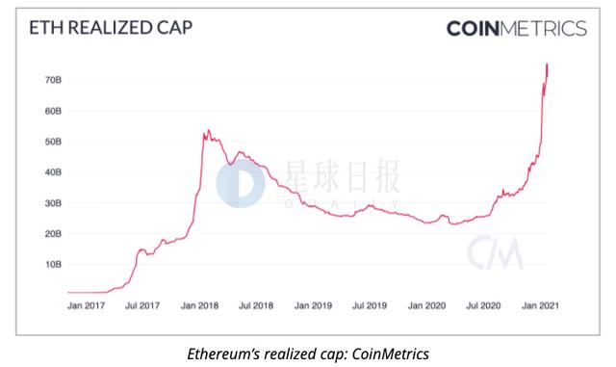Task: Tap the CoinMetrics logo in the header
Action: click(516, 28)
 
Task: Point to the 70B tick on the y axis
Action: click(55, 80)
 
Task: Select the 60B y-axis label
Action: click(55, 111)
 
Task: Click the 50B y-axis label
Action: click(55, 142)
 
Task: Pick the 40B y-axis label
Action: click(55, 172)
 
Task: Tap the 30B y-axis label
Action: click(55, 203)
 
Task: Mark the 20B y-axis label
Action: click(55, 234)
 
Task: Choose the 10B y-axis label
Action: click(55, 264)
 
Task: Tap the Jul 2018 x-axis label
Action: click(258, 305)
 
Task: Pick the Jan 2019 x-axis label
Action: click(314, 305)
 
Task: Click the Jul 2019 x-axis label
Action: click(370, 305)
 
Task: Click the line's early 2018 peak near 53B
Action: click(205, 131)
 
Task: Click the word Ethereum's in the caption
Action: click(223, 352)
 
